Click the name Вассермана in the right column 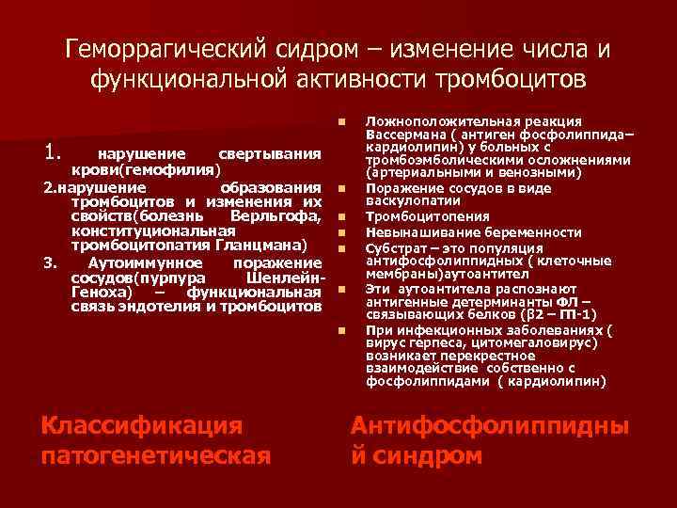405,134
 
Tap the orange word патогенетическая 156,456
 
